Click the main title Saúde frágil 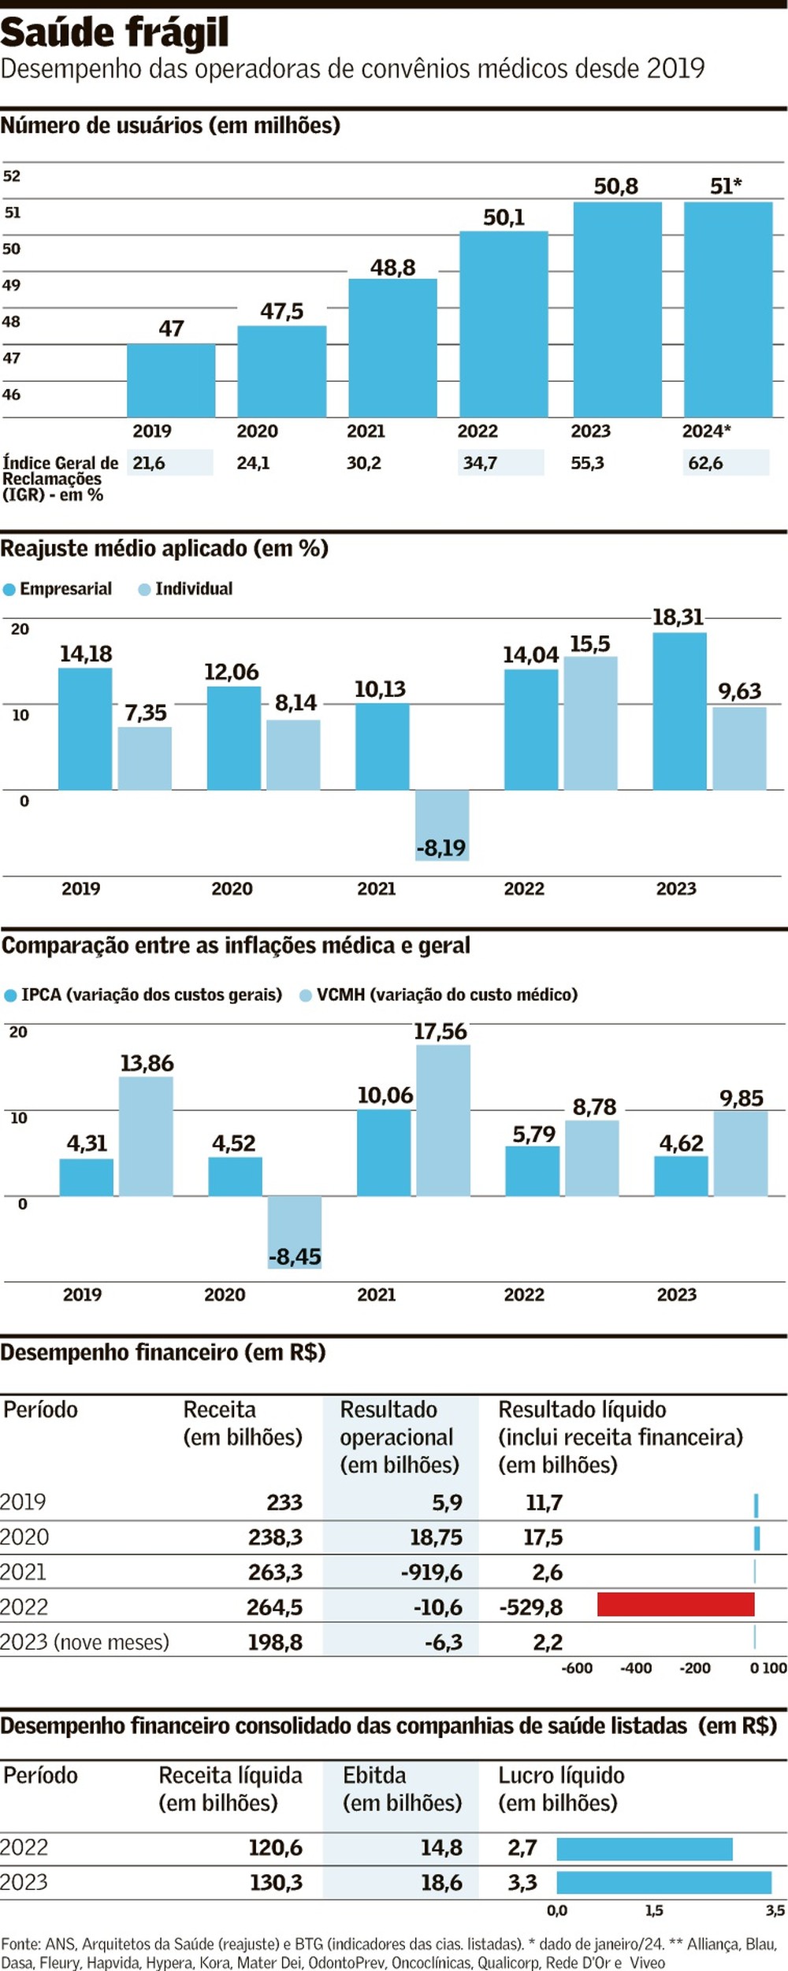pyautogui.click(x=115, y=33)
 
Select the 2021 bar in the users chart pyautogui.click(x=392, y=347)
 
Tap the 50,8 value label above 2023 pyautogui.click(x=615, y=187)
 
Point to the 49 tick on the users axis pyautogui.click(x=11, y=285)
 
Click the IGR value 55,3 pyautogui.click(x=587, y=463)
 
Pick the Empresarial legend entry pyautogui.click(x=58, y=589)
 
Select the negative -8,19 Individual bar pyautogui.click(x=442, y=824)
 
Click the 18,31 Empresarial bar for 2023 pyautogui.click(x=679, y=711)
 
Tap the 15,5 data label pyautogui.click(x=589, y=644)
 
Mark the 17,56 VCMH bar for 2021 pyautogui.click(x=443, y=1120)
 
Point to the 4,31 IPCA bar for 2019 pyautogui.click(x=87, y=1177)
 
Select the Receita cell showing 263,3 pyautogui.click(x=275, y=1572)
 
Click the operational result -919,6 pyautogui.click(x=431, y=1572)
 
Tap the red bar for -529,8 pyautogui.click(x=675, y=1604)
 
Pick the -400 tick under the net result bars pyautogui.click(x=635, y=1668)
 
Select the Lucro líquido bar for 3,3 pyautogui.click(x=663, y=1882)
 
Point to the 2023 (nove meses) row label pyautogui.click(x=84, y=1642)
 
